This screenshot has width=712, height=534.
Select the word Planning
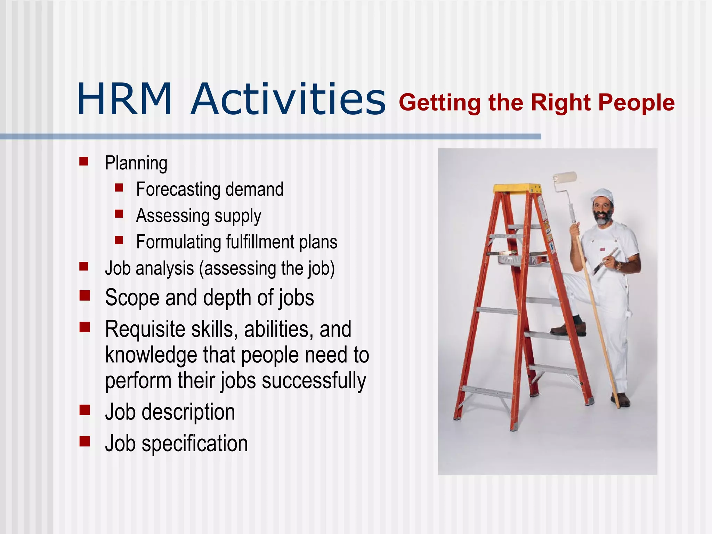click(x=136, y=163)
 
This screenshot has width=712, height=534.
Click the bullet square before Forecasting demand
click(x=119, y=188)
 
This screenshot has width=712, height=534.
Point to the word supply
click(x=237, y=216)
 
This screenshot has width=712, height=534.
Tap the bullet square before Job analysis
click(x=83, y=267)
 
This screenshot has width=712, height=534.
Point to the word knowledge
click(x=151, y=355)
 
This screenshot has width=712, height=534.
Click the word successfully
click(x=314, y=381)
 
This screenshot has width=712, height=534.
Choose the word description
click(x=188, y=412)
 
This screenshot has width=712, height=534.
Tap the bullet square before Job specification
click(x=84, y=442)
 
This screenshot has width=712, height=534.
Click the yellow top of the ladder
click(x=517, y=188)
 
